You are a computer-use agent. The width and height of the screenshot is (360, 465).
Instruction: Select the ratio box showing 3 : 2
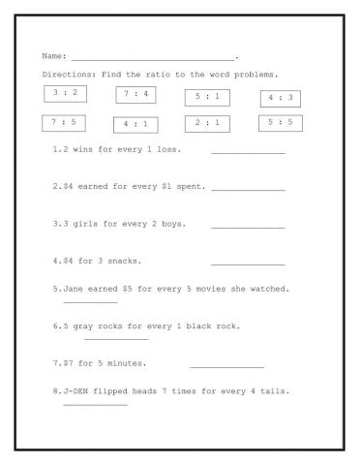[65, 93]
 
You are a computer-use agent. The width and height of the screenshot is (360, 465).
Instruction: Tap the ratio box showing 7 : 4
[136, 94]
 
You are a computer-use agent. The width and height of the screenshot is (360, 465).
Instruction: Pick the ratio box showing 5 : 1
[206, 98]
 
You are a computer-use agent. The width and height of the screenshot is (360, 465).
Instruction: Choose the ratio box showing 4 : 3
[282, 98]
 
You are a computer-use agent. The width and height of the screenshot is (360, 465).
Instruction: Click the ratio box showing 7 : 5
[63, 123]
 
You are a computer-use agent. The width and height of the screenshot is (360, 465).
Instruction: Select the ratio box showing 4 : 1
[135, 125]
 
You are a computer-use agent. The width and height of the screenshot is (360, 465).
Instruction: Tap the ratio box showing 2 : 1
[206, 123]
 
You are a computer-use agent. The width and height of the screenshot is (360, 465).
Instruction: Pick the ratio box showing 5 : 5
[281, 122]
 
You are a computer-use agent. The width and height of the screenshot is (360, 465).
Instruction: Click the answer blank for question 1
[248, 153]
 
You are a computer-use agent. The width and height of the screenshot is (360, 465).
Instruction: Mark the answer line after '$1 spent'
[248, 189]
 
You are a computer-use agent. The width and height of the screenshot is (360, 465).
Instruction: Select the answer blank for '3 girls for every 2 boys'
[248, 227]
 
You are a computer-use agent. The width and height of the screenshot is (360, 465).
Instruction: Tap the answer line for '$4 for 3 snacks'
[248, 263]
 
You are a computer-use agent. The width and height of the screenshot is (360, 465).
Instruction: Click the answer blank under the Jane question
[90, 302]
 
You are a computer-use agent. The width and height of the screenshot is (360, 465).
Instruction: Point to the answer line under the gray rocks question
[116, 339]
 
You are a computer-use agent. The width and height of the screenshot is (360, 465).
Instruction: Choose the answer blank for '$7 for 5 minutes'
[226, 367]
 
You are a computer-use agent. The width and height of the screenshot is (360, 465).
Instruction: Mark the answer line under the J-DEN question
[95, 405]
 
